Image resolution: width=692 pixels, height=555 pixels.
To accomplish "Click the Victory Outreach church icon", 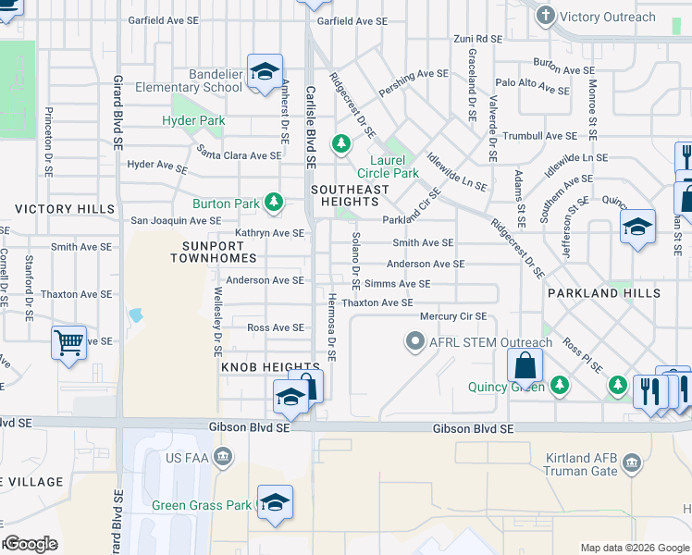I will pyautogui.click(x=546, y=16).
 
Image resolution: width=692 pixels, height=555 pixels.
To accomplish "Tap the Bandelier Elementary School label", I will pyautogui.click(x=189, y=80).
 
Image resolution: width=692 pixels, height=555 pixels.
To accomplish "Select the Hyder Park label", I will pyautogui.click(x=193, y=120).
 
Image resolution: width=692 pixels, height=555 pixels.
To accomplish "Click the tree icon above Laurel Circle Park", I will pyautogui.click(x=341, y=143).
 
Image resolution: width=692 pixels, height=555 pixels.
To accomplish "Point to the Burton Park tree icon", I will pyautogui.click(x=273, y=202).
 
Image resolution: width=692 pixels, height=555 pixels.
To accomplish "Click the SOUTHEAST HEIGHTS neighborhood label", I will pyautogui.click(x=350, y=196).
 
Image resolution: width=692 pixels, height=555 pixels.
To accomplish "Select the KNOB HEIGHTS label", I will pyautogui.click(x=257, y=367).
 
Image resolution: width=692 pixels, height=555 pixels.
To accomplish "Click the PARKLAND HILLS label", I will pyautogui.click(x=603, y=293).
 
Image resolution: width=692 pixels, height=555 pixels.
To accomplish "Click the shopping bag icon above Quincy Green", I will pyautogui.click(x=525, y=365).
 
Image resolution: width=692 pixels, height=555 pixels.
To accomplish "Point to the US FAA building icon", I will pyautogui.click(x=222, y=456).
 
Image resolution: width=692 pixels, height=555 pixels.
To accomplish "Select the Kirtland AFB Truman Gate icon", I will pyautogui.click(x=632, y=462).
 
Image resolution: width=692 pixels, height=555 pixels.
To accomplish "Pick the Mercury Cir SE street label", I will pyautogui.click(x=452, y=316).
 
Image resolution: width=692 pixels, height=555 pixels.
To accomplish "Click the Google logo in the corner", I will pyautogui.click(x=31, y=544).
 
